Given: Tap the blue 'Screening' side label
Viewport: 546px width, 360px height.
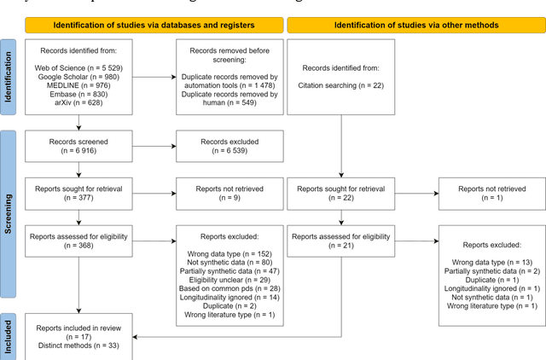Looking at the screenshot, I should [10, 214].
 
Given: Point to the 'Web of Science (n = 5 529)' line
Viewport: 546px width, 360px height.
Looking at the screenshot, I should [78, 67].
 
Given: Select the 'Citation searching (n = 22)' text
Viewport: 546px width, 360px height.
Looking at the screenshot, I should [340, 85].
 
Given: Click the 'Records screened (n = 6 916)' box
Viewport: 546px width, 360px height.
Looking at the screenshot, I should [78, 145].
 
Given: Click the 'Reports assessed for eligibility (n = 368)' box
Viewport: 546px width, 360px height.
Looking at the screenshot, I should [78, 241].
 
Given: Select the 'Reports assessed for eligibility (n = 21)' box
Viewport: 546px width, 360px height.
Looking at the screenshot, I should [340, 241].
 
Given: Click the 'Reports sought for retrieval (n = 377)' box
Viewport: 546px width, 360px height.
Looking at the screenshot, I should [78, 192].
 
